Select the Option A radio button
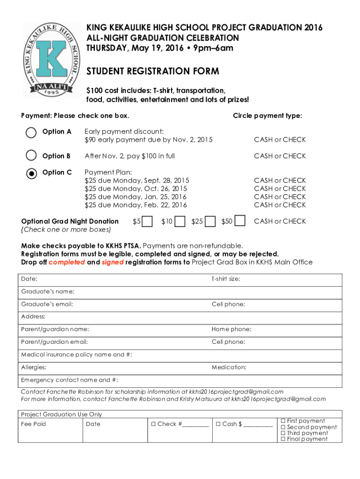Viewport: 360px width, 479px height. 31,132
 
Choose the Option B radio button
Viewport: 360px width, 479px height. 31,155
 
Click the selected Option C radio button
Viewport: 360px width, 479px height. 31,173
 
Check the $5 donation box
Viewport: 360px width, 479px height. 147,221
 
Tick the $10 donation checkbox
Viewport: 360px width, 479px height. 180,221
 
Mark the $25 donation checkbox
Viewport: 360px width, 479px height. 210,221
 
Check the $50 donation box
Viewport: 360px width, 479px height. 240,221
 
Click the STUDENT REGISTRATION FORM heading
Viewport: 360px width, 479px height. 152,72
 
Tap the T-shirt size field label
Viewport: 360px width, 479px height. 226,279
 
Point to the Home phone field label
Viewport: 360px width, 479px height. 231,329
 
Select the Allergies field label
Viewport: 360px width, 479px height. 34,367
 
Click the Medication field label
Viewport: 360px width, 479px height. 229,367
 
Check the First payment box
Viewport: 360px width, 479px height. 283,421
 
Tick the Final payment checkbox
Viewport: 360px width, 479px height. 283,439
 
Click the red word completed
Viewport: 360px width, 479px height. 67,262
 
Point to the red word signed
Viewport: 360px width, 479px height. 113,262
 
